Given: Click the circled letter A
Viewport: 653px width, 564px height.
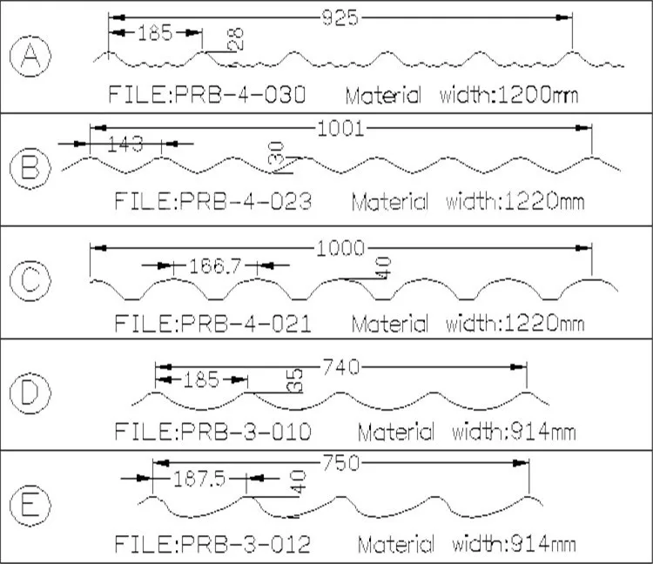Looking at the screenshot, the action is (x=30, y=57).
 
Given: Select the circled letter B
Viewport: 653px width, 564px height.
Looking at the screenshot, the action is (x=30, y=168).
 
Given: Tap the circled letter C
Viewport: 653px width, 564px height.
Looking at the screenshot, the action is (x=30, y=280).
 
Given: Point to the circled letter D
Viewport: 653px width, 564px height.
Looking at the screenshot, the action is (x=30, y=393).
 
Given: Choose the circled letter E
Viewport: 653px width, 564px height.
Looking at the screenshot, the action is (x=30, y=506).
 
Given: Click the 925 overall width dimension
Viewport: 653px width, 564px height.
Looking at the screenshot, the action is (x=340, y=18).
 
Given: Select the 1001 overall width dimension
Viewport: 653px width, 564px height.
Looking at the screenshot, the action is (x=341, y=128).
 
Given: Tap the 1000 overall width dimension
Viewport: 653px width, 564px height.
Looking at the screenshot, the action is (x=340, y=249).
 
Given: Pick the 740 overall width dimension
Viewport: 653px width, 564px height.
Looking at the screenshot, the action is (x=341, y=367).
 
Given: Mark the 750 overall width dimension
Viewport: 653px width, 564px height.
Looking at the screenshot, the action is (x=341, y=463).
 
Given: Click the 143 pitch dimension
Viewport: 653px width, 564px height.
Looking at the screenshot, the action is (x=125, y=144).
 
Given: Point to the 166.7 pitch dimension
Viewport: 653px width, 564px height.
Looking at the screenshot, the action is (x=215, y=265).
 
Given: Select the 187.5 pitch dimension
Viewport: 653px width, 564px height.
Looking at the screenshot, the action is (x=199, y=479).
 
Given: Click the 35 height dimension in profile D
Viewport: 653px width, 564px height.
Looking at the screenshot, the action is (x=295, y=380).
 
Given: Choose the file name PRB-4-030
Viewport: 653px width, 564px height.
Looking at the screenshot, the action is (x=240, y=95).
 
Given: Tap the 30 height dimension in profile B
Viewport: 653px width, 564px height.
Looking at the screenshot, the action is (x=276, y=153).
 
